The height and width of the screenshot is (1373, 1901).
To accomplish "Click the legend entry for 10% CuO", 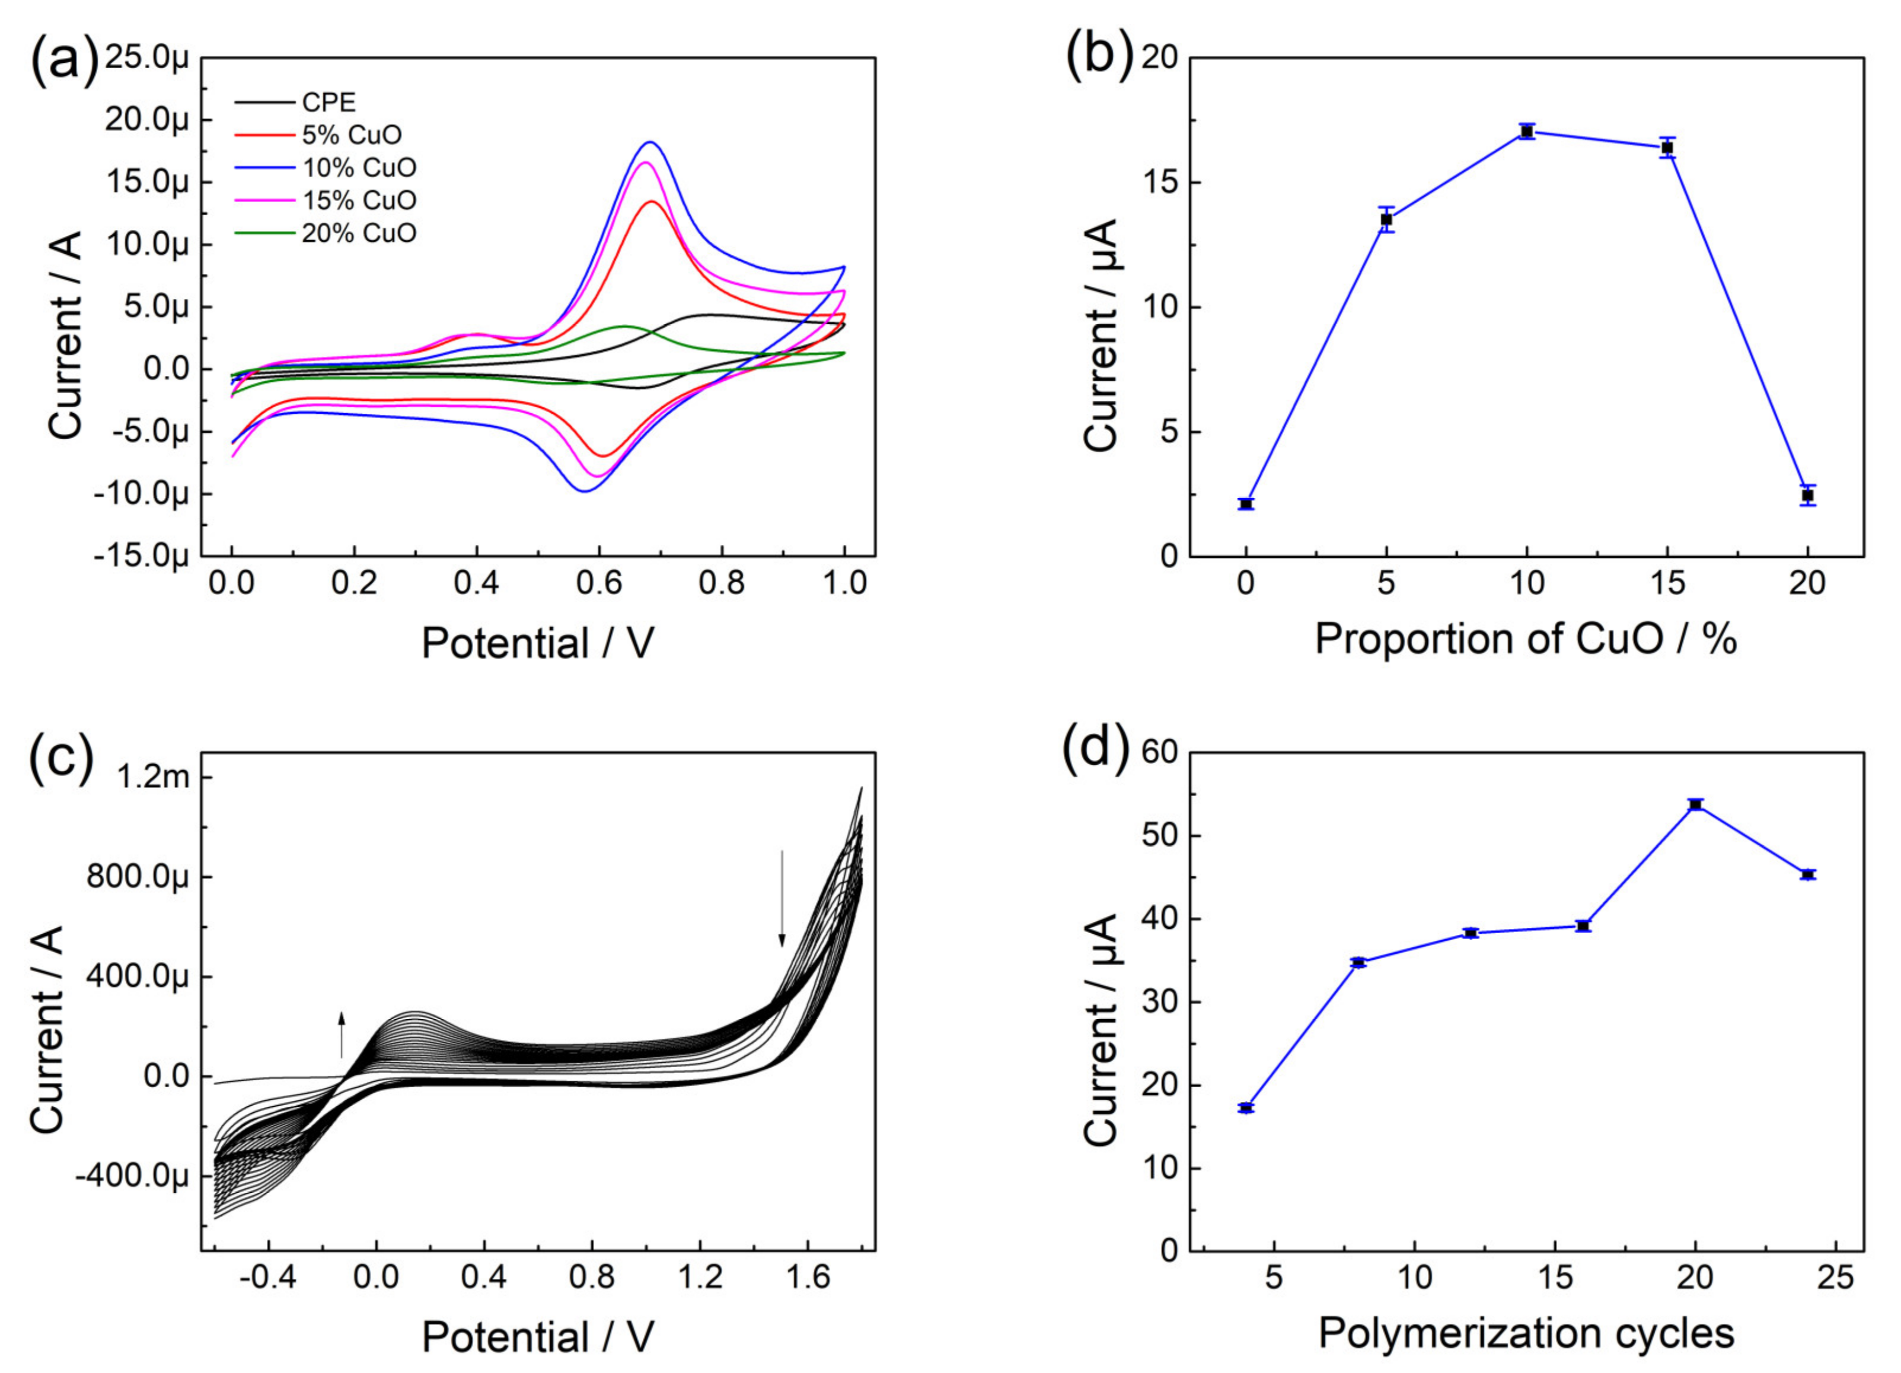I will point(359,168).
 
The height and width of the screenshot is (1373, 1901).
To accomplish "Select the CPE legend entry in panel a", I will point(328,102).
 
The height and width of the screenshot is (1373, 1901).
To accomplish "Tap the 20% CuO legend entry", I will point(359,233).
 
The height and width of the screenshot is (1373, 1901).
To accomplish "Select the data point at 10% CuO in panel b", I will point(1526,132).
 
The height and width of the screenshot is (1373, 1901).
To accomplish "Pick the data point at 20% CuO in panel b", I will point(1807,496).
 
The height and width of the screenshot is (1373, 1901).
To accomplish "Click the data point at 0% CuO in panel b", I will point(1246,504).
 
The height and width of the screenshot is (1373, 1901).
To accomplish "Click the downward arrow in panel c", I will point(782,897).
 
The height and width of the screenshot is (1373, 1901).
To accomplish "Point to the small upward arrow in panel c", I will point(341,1035).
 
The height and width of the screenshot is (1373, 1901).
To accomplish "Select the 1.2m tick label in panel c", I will point(154,778).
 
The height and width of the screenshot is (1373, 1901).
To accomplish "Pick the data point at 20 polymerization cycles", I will point(1695,804).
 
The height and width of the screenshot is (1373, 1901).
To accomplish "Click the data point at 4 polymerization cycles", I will point(1246,1108).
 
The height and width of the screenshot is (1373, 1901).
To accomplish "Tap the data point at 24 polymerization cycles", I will point(1807,874).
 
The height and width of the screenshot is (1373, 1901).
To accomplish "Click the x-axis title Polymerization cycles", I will point(1526,1333).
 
